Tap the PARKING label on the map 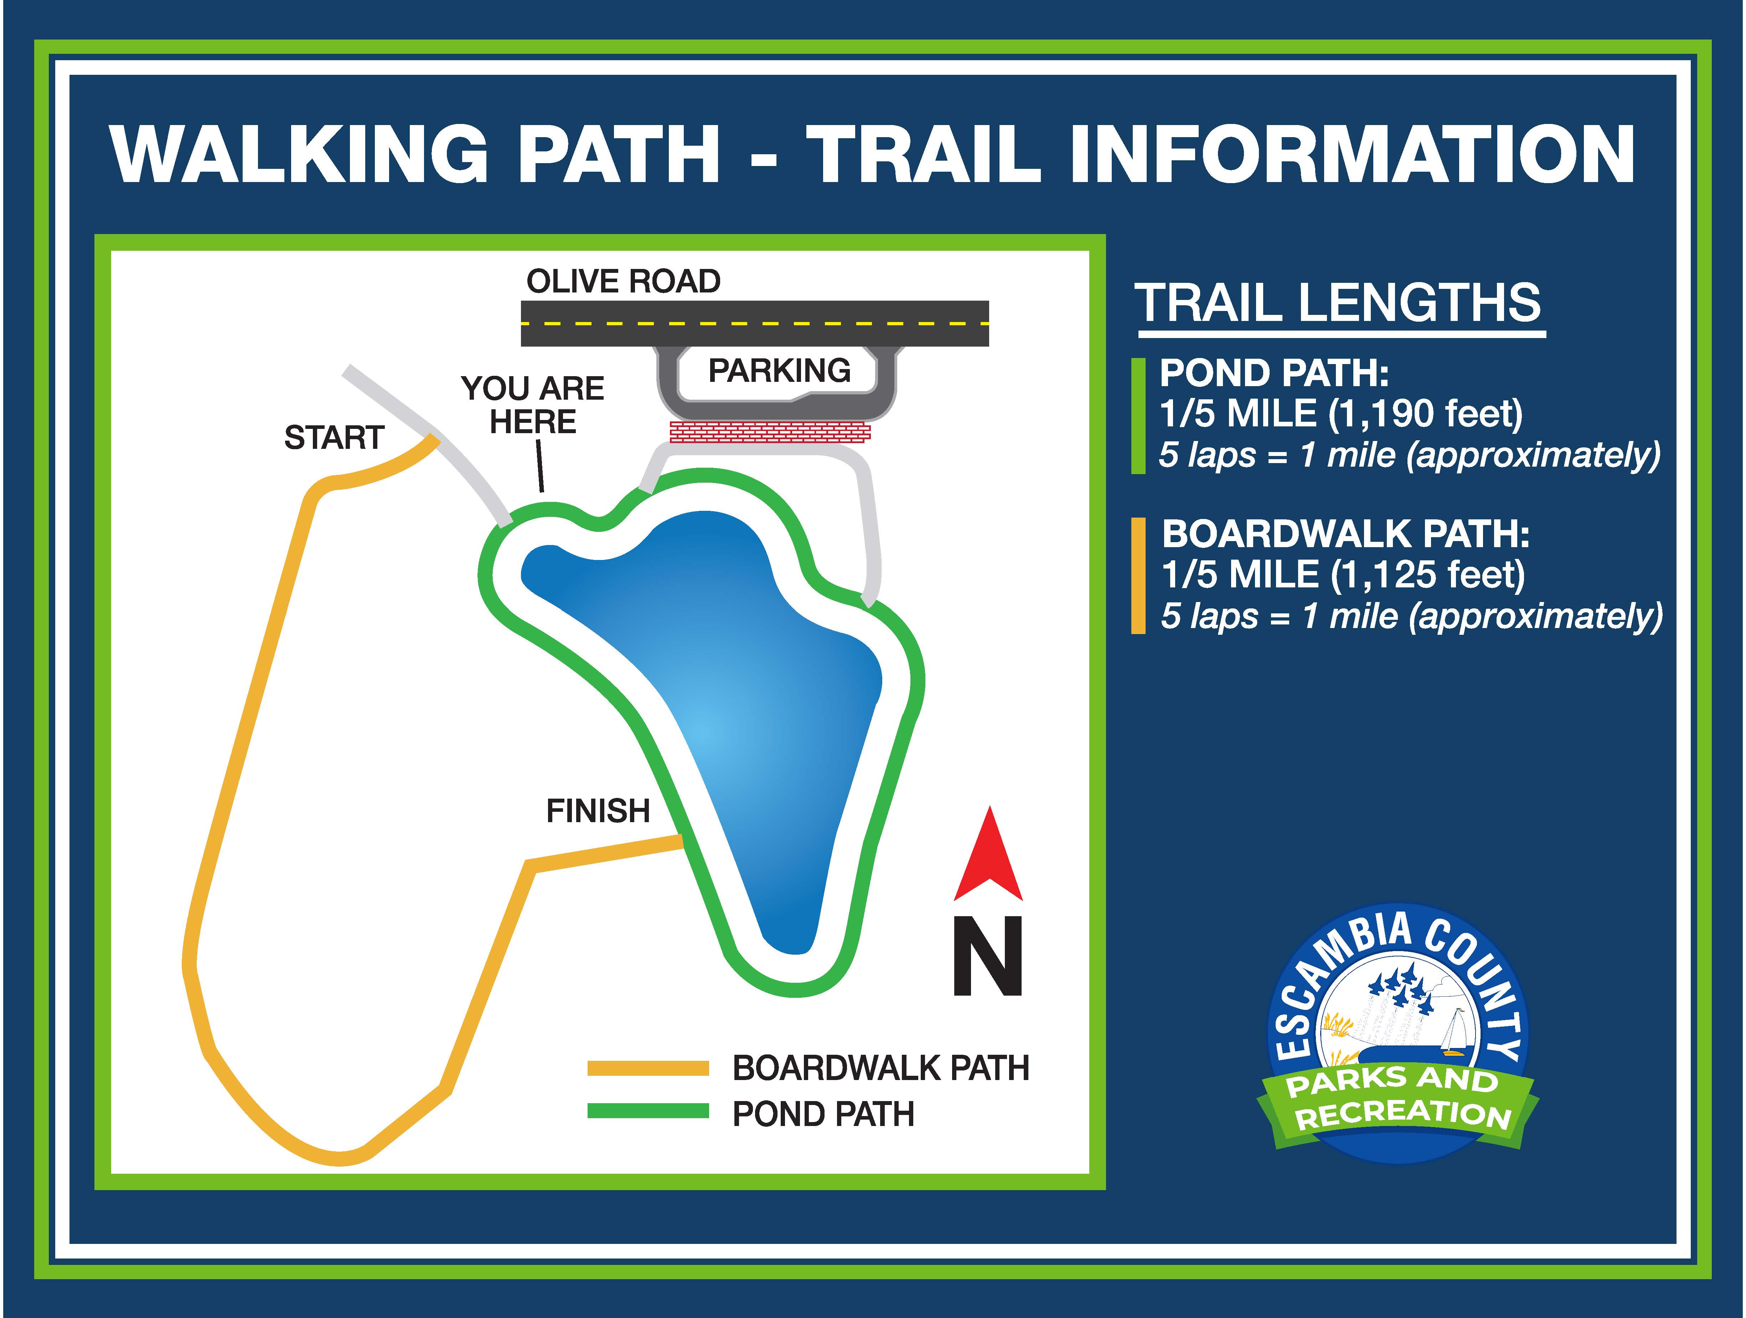pos(779,370)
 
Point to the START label pos(334,437)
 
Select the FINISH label pos(598,810)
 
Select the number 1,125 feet pos(1429,575)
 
